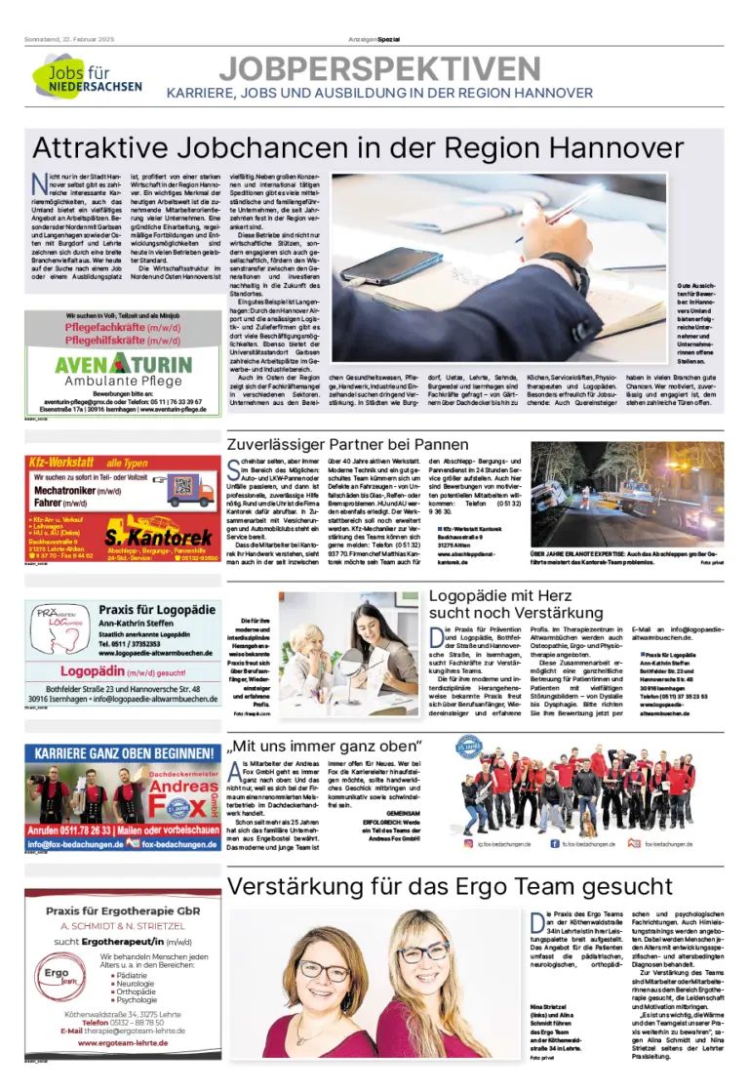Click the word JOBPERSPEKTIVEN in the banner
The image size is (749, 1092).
379,67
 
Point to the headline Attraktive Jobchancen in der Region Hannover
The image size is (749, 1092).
358,146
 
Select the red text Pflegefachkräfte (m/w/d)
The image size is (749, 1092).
122,329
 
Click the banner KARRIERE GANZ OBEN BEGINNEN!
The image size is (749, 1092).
122,754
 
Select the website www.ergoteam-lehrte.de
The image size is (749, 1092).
123,1043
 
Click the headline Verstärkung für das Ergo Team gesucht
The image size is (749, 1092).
450,886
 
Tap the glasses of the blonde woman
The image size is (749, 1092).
423,950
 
